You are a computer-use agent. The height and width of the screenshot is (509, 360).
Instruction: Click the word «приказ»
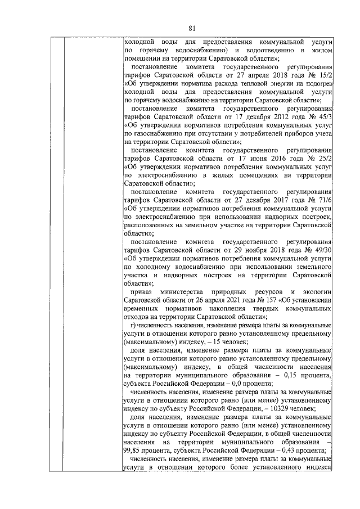pyautogui.click(x=141, y=292)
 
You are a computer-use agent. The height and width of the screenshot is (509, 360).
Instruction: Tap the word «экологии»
pyautogui.click(x=313, y=292)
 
